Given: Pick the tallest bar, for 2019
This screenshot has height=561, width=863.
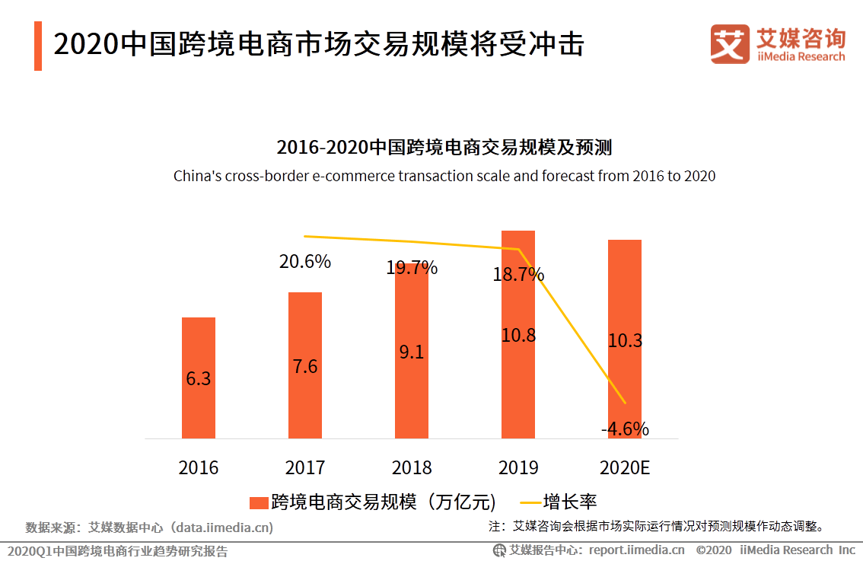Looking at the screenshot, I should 518,381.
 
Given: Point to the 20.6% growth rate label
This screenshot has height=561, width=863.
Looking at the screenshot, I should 305,262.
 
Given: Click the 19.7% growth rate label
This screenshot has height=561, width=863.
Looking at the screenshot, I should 412,268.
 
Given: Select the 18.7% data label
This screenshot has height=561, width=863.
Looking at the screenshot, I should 518,274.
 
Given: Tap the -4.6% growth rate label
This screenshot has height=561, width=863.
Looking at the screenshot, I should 625,429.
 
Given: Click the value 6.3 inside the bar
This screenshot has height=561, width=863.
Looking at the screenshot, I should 199,378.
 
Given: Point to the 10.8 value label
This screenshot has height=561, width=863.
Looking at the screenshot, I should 518,335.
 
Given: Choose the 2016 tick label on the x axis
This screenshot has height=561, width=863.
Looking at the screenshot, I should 199,467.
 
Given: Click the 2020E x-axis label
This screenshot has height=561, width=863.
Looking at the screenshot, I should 625,467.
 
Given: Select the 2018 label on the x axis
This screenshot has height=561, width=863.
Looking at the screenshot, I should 412,467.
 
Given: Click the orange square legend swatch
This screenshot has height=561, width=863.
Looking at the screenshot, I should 259,502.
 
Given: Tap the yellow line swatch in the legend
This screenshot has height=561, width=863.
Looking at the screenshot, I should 530,502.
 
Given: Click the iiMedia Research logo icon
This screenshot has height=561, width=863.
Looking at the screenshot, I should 730,44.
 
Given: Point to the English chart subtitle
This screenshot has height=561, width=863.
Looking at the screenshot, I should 444,176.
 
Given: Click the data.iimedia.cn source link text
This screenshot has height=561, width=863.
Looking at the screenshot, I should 222,527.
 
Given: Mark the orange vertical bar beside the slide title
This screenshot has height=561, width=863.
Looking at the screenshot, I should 38,46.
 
